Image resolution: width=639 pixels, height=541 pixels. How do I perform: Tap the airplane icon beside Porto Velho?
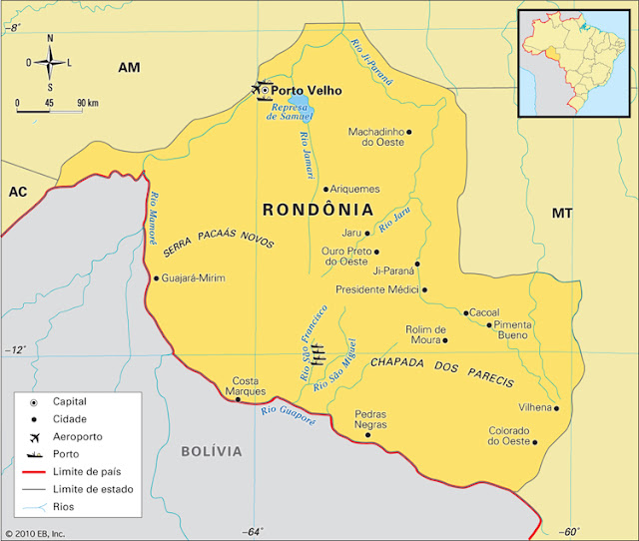click(262, 91)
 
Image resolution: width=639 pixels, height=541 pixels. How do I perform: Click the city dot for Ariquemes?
click(325, 189)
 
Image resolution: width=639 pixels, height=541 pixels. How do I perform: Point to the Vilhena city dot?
click(556, 408)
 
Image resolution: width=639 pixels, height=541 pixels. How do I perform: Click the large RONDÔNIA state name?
click(318, 211)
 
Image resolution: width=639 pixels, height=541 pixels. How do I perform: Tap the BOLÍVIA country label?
click(211, 451)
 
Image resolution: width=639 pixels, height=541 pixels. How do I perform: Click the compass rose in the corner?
click(51, 61)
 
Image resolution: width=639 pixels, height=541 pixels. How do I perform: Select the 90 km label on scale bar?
click(87, 103)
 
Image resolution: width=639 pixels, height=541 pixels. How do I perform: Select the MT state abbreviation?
click(562, 214)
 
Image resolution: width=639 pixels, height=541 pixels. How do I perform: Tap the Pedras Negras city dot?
click(368, 434)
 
